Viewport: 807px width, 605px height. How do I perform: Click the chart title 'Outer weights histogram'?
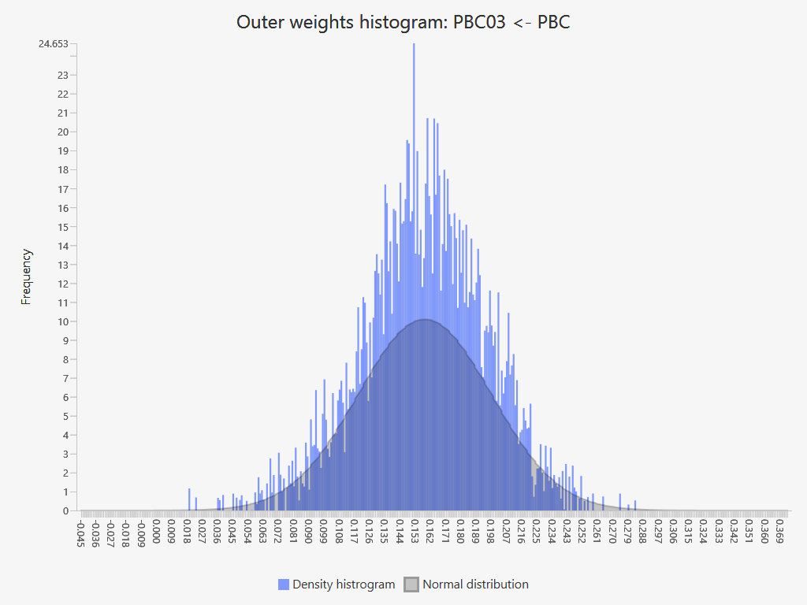pyautogui.click(x=403, y=22)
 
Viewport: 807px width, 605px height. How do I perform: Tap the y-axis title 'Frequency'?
pyautogui.click(x=27, y=277)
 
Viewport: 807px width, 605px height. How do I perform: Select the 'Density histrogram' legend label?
pyautogui.click(x=344, y=585)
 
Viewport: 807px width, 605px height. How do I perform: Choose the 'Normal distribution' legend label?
pyautogui.click(x=475, y=585)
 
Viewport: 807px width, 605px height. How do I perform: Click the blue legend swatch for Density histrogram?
pyautogui.click(x=284, y=585)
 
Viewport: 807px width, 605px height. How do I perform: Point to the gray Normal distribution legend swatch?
pyautogui.click(x=411, y=585)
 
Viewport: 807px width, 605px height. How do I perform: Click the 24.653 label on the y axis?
pyautogui.click(x=54, y=44)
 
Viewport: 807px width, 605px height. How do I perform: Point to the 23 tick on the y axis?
pyautogui.click(x=63, y=76)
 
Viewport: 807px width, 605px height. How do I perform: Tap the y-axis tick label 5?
pyautogui.click(x=65, y=416)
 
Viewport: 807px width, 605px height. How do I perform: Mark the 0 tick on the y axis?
pyautogui.click(x=65, y=510)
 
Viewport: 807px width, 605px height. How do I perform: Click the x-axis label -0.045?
pyautogui.click(x=80, y=532)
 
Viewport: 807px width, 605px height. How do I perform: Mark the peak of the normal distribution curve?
pyautogui.click(x=424, y=319)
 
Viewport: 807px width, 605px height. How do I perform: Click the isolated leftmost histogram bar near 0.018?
pyautogui.click(x=189, y=499)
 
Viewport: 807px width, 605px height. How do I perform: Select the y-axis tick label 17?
pyautogui.click(x=63, y=189)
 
